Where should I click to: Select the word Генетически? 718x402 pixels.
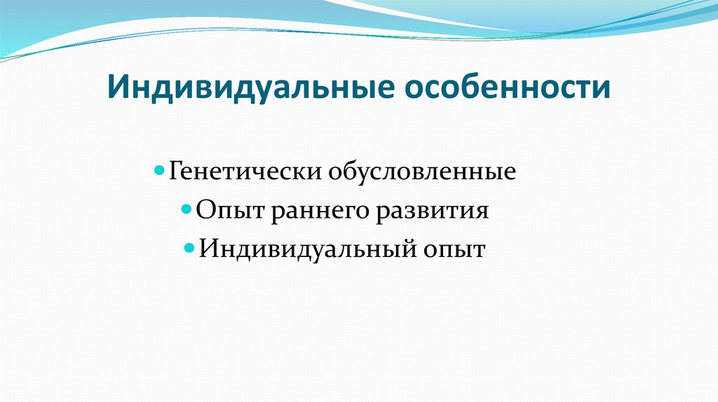coord(243,172)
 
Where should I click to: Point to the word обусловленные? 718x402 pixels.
coord(419,172)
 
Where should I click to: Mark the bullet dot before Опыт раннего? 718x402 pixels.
coord(187,209)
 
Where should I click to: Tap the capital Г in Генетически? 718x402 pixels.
coord(176,172)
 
